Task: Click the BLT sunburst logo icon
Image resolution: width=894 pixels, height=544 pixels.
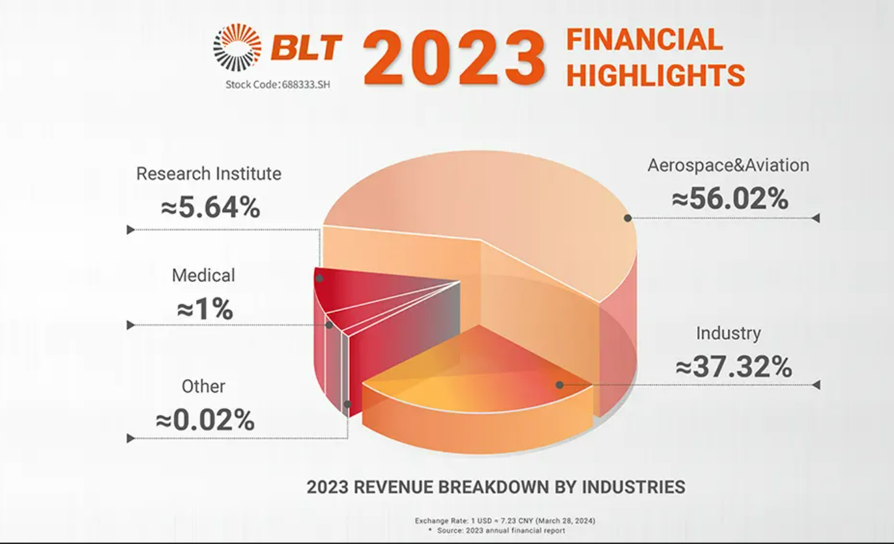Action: (x=237, y=48)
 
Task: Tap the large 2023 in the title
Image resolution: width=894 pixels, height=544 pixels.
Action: (x=454, y=57)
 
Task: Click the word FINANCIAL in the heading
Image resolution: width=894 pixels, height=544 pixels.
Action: (x=644, y=40)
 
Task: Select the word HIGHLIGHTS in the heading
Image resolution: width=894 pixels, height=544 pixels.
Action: (x=655, y=75)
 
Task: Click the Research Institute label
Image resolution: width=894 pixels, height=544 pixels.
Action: (x=209, y=174)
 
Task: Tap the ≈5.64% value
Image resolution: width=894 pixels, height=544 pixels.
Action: (x=210, y=208)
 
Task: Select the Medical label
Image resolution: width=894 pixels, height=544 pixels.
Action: (x=203, y=275)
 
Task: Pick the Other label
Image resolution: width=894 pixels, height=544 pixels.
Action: (x=203, y=386)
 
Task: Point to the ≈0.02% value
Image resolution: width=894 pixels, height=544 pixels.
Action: (x=205, y=421)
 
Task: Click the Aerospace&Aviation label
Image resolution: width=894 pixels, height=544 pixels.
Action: (x=728, y=165)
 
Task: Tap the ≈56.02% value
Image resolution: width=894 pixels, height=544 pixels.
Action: (x=730, y=199)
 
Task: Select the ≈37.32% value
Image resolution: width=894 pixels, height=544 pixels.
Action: (x=734, y=368)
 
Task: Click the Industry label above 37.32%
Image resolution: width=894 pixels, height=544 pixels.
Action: (x=728, y=333)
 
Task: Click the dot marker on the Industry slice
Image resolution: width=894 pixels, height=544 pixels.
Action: (x=560, y=385)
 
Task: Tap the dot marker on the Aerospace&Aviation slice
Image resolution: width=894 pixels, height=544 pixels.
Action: (x=627, y=218)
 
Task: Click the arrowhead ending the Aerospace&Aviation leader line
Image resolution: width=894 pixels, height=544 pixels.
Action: (x=815, y=219)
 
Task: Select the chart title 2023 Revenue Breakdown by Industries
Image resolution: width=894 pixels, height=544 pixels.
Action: (x=496, y=487)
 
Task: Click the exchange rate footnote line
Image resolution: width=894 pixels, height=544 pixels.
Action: (x=504, y=521)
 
